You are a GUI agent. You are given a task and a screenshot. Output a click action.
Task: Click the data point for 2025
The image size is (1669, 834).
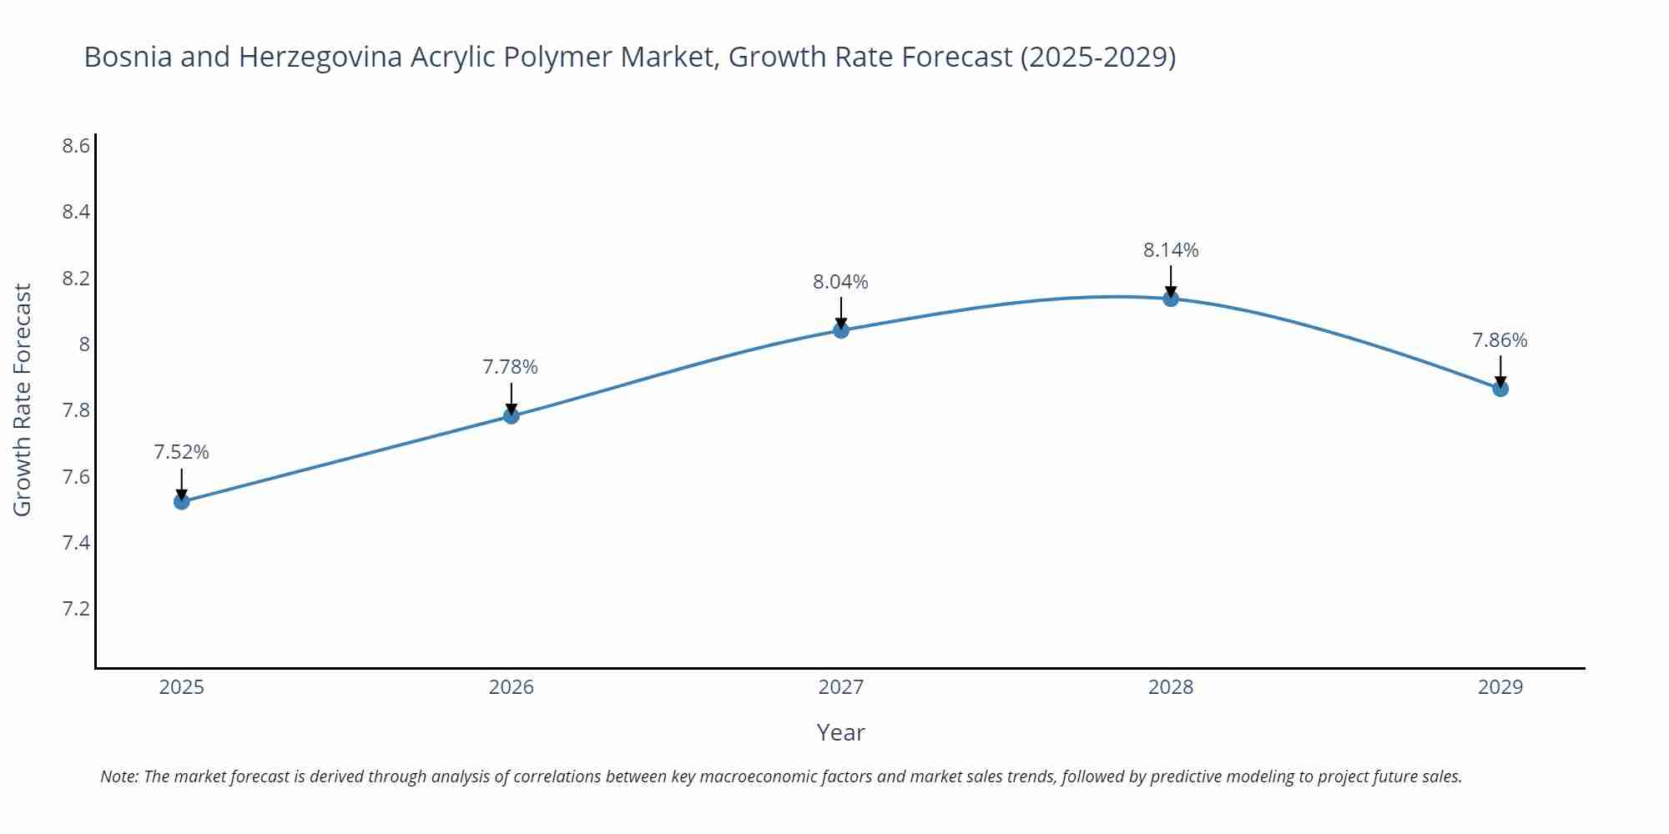tap(182, 501)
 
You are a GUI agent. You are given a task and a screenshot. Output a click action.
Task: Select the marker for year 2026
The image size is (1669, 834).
tap(512, 415)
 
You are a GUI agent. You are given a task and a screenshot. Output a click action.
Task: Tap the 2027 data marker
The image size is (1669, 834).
tap(841, 330)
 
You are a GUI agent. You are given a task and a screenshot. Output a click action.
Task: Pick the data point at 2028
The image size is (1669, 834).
tap(1171, 299)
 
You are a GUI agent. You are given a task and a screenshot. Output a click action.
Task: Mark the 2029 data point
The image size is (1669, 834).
tap(1500, 389)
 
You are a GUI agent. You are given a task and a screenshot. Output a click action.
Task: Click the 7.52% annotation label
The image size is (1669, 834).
tap(182, 452)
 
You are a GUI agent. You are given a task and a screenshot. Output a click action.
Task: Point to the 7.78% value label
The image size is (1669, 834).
tap(511, 367)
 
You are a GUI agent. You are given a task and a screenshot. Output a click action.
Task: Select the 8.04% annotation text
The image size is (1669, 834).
tap(841, 282)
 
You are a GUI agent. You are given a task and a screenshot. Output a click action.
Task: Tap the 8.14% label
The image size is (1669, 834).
tap(1171, 250)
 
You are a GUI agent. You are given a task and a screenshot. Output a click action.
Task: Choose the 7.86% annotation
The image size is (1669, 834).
tap(1500, 340)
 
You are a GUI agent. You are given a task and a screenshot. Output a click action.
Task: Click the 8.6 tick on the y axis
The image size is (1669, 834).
tap(76, 146)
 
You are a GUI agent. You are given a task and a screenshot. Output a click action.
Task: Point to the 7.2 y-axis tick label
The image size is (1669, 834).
tap(76, 609)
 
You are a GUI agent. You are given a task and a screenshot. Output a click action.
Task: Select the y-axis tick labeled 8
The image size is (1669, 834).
tap(84, 344)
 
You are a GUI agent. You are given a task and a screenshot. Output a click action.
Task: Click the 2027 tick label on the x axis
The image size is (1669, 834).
tap(841, 687)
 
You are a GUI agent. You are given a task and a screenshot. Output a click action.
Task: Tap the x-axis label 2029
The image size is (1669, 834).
tap(1500, 687)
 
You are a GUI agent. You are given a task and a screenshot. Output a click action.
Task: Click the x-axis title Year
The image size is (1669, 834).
tap(841, 732)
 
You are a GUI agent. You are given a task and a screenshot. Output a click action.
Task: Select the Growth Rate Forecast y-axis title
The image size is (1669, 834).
tap(23, 399)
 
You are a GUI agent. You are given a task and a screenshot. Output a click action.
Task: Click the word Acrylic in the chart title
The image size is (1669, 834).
tap(450, 57)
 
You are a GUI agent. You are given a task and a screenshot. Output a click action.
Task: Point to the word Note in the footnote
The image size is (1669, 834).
tap(119, 776)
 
